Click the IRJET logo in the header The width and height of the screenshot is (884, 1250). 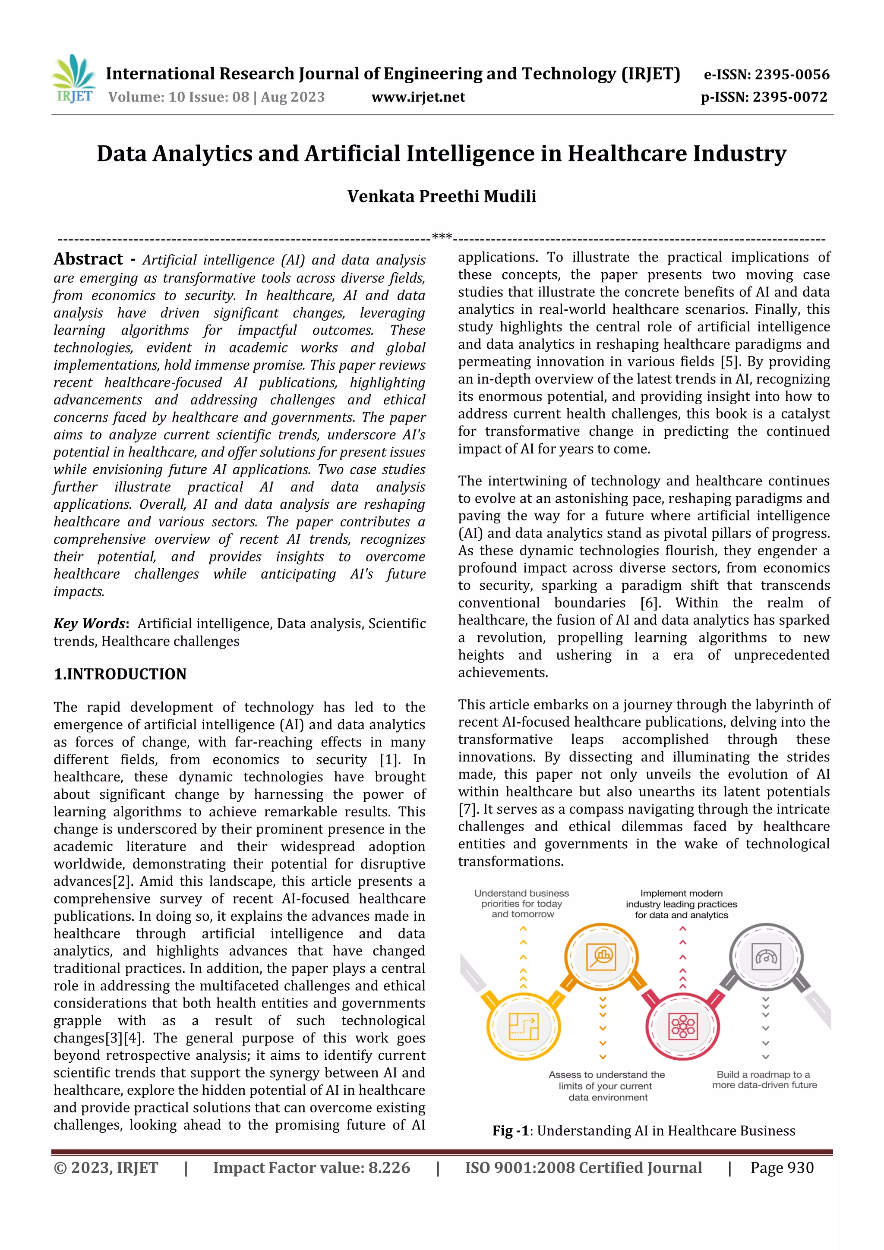tap(73, 79)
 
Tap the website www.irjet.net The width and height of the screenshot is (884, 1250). tap(418, 98)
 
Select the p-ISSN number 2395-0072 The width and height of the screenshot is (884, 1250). tap(790, 98)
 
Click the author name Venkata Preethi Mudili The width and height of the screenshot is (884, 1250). tap(442, 196)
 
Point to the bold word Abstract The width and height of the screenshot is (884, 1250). tap(88, 259)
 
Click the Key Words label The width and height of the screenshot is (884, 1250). tap(90, 623)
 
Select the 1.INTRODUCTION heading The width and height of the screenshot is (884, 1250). tap(120, 674)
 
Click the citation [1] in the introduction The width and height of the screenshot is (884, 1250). tap(389, 759)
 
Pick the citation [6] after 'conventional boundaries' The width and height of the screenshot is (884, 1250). tap(650, 603)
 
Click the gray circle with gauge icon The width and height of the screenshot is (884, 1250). tap(766, 957)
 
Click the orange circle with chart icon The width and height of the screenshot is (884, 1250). tap(601, 957)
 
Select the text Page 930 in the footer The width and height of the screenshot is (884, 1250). tap(782, 1168)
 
